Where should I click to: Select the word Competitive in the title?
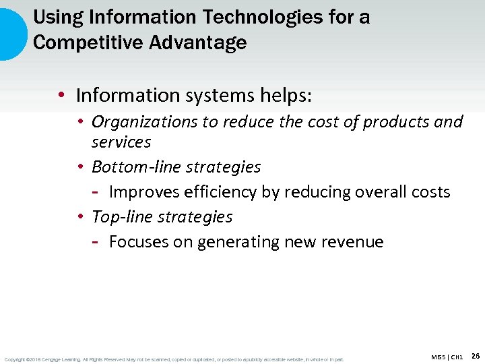74,42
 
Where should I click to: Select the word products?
396,122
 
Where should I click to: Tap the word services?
121,142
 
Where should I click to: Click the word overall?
376,191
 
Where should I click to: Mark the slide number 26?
475,355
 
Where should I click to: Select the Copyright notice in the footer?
174,359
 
